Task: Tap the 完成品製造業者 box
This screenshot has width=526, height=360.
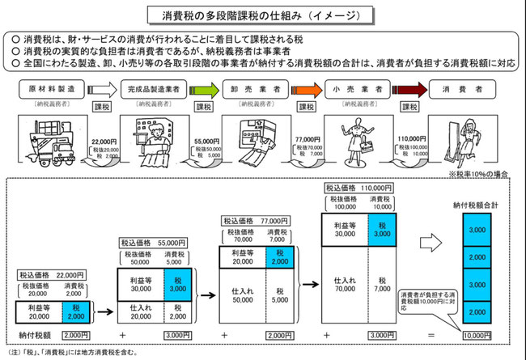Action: [152, 89]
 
